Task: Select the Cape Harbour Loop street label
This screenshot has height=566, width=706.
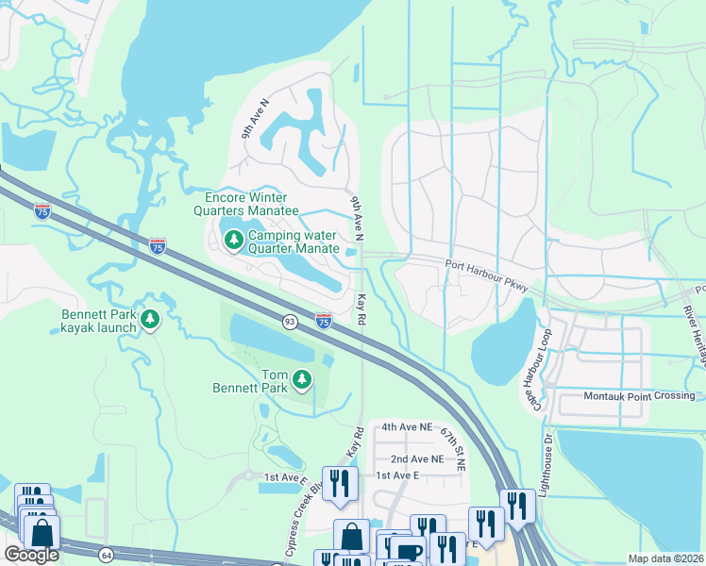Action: (x=534, y=369)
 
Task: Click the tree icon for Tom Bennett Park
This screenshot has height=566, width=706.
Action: (x=302, y=379)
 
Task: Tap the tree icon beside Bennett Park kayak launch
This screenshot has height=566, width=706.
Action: (x=149, y=321)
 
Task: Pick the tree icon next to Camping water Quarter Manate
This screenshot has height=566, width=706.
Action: (x=233, y=241)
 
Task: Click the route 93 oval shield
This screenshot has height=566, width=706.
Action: (x=287, y=323)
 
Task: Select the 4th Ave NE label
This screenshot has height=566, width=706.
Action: (x=408, y=426)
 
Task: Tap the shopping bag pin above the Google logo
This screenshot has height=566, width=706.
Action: (x=42, y=533)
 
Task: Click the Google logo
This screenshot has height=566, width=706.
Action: (x=30, y=555)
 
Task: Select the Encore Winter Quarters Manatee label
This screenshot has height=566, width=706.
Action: (x=252, y=204)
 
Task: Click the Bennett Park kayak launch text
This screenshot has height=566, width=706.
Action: (x=99, y=321)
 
